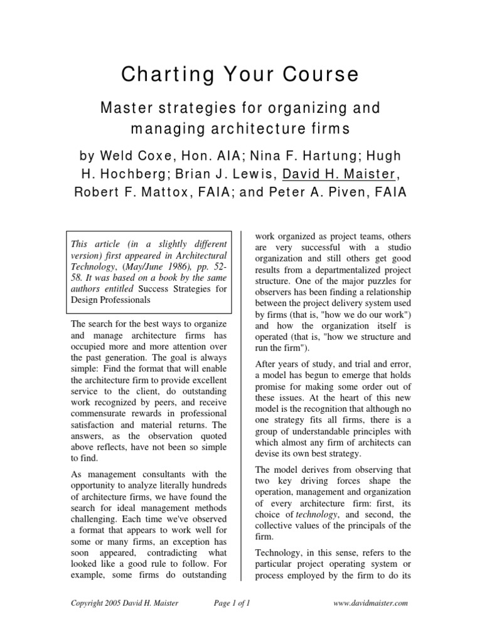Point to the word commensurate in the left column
102,414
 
